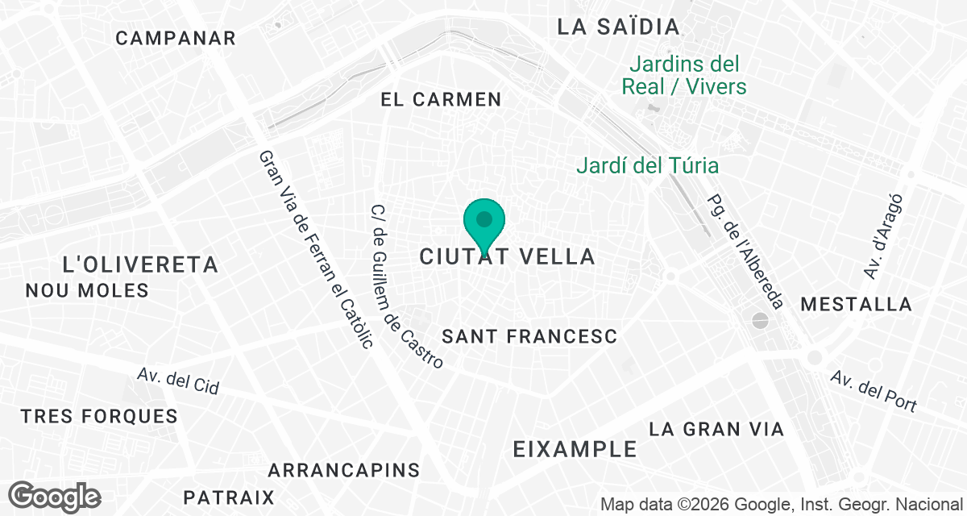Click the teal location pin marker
click(x=484, y=221)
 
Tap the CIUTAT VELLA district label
click(x=508, y=257)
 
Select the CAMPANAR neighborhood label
click(x=176, y=38)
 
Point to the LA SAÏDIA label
click(x=619, y=27)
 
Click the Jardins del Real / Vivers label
click(x=684, y=75)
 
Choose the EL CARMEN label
click(x=441, y=100)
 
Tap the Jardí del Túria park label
click(x=648, y=166)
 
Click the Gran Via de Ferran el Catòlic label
click(x=316, y=249)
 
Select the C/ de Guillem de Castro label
click(x=406, y=286)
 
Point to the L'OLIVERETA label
click(x=140, y=264)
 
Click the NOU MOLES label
click(x=87, y=290)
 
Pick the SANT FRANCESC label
click(x=529, y=337)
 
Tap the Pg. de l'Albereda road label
click(x=745, y=251)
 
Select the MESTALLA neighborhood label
click(x=857, y=305)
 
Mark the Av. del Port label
click(x=874, y=392)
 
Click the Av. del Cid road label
click(x=178, y=381)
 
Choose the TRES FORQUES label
click(x=99, y=417)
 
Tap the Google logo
click(x=56, y=496)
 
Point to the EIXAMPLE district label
click(x=575, y=449)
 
